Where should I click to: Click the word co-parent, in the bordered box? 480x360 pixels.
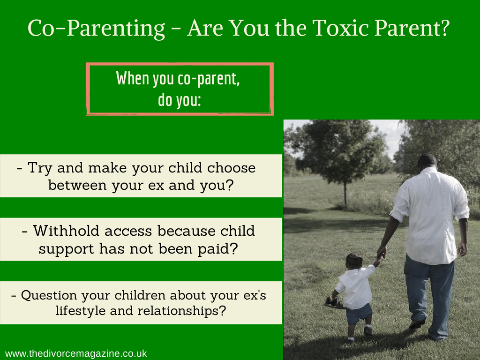[209, 79]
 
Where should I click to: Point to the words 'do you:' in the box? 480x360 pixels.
[180, 100]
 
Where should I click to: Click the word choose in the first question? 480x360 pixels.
[232, 168]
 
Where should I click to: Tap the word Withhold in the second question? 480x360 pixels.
[66, 231]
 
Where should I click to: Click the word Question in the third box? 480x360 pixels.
[49, 295]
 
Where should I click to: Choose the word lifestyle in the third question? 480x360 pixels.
[80, 311]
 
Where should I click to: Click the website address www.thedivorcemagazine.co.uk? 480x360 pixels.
[76, 353]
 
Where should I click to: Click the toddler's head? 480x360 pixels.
[354, 261]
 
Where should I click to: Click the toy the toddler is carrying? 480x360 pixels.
[334, 303]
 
